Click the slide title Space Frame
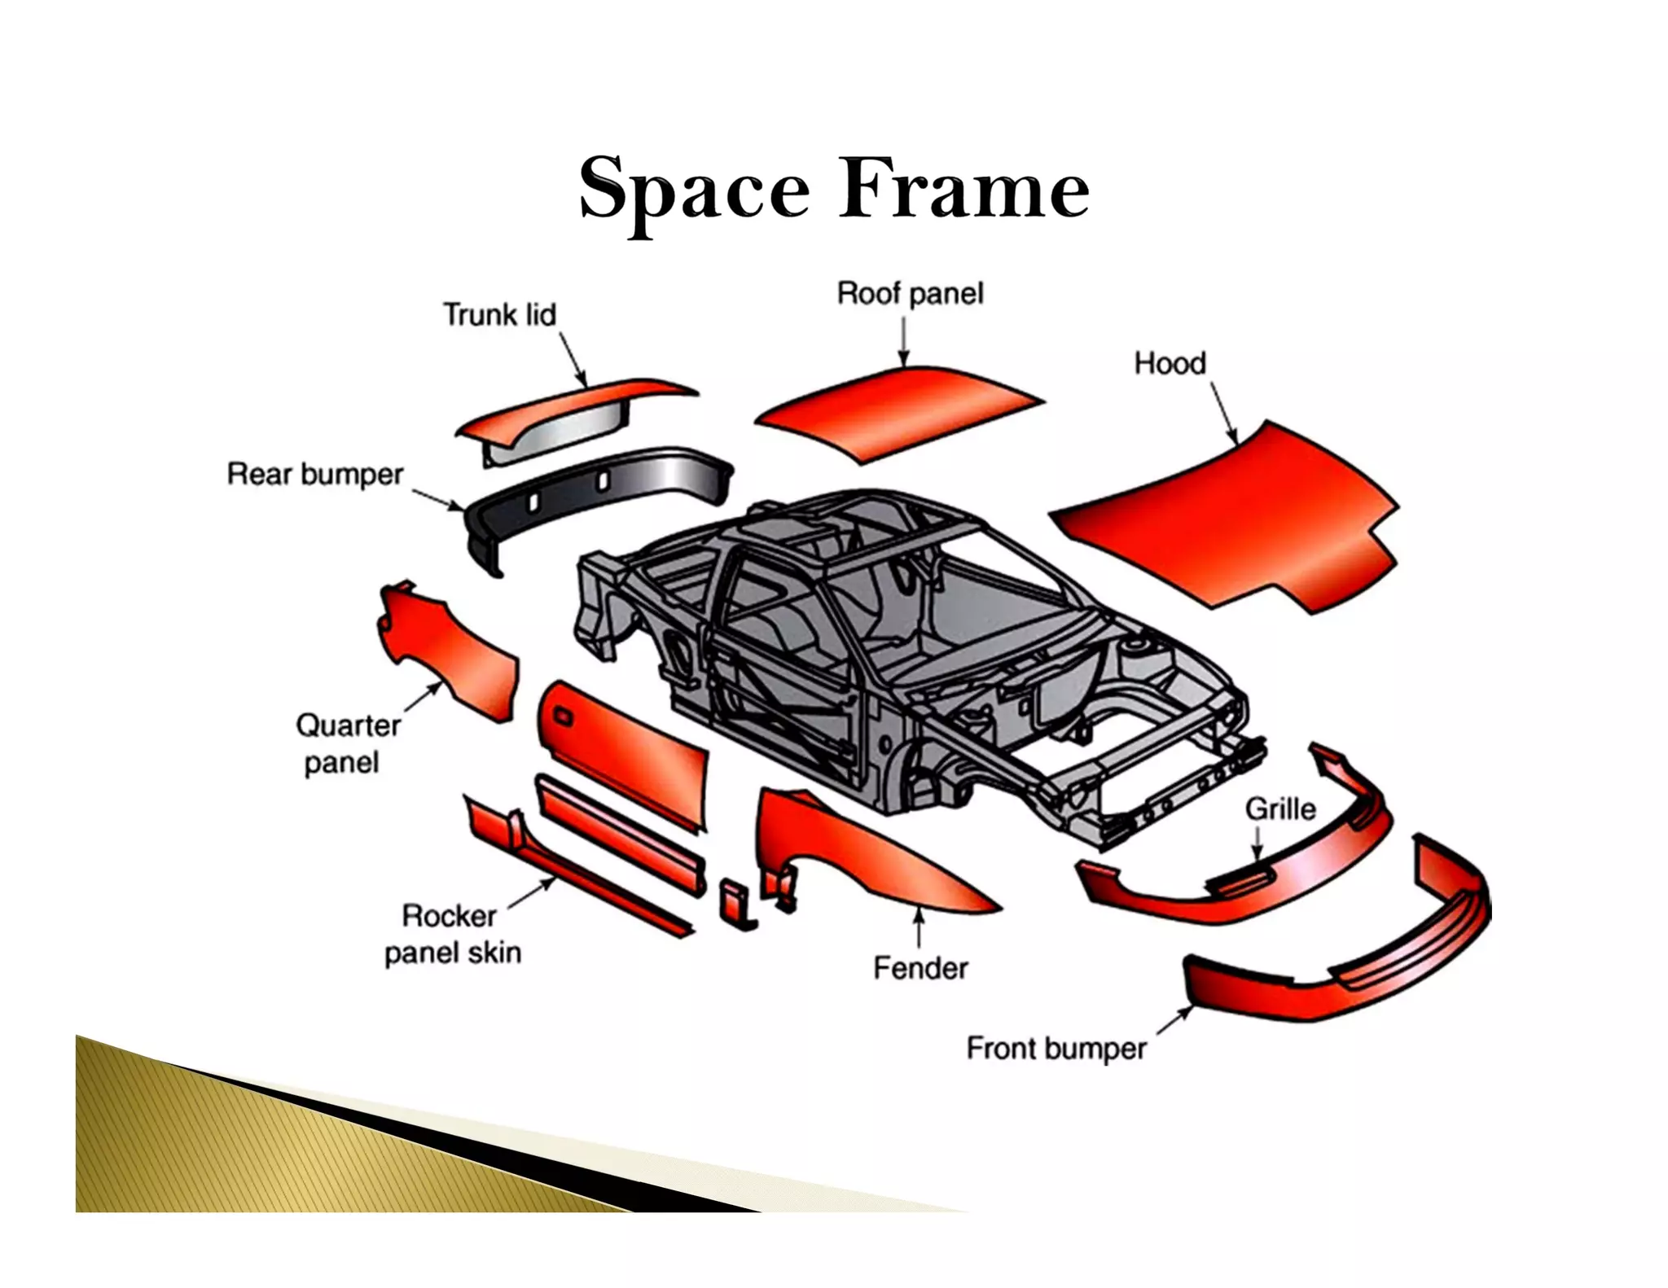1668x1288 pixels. [x=833, y=189]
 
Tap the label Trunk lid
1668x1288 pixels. [x=499, y=314]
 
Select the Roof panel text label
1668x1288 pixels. [x=910, y=293]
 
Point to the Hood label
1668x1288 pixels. [x=1170, y=363]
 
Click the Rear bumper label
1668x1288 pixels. [x=315, y=474]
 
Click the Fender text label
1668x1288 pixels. [x=920, y=968]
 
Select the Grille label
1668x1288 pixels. [x=1280, y=808]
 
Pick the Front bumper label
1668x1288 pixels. [x=1056, y=1048]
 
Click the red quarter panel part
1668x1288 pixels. [x=452, y=651]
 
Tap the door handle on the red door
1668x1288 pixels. [x=563, y=716]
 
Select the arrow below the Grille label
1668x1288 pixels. [x=1257, y=843]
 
